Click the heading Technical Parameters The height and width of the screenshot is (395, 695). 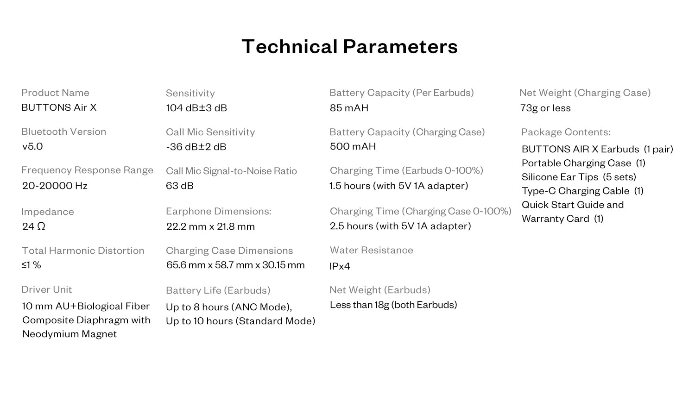[x=349, y=46]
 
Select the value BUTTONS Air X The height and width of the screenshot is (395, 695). [x=59, y=107]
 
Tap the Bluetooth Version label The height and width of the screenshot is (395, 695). [x=63, y=132]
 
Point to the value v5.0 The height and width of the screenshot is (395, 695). [x=32, y=146]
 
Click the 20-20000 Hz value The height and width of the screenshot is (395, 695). [x=55, y=186]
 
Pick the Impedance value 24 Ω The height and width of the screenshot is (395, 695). [x=33, y=226]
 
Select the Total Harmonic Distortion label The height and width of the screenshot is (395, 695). [x=83, y=251]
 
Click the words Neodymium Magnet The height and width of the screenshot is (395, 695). [x=69, y=334]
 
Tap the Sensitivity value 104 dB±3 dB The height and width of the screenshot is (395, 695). [x=196, y=108]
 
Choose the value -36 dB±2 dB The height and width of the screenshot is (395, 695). [x=196, y=147]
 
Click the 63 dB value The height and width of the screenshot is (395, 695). [x=180, y=186]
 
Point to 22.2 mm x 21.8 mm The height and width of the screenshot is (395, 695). [x=210, y=226]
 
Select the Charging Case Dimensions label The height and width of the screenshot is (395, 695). [x=229, y=251]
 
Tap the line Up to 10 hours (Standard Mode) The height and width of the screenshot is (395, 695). [x=240, y=321]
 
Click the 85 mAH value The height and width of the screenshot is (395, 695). [x=349, y=108]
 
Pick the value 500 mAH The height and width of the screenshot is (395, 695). [x=353, y=146]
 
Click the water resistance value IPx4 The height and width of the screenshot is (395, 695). [x=340, y=266]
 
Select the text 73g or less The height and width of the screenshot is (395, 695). [x=545, y=108]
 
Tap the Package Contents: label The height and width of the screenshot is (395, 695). [x=566, y=132]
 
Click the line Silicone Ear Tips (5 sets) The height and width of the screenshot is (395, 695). [x=579, y=177]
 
